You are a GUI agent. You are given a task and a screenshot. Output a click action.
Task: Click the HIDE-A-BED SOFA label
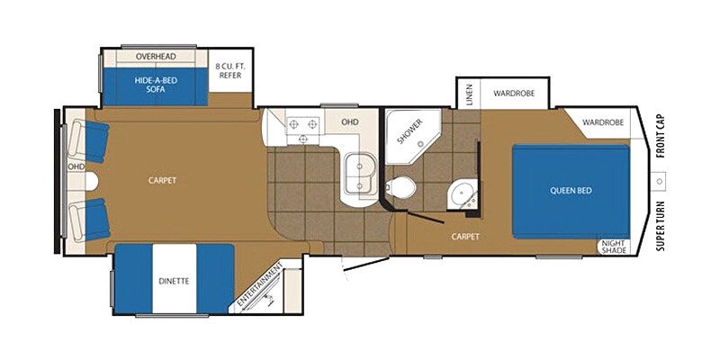pyautogui.click(x=156, y=85)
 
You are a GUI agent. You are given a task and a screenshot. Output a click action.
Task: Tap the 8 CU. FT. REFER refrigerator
pyautogui.click(x=230, y=70)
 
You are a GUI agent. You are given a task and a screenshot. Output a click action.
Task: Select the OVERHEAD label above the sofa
pyautogui.click(x=156, y=56)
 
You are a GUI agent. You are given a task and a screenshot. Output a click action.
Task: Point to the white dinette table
pyautogui.click(x=175, y=278)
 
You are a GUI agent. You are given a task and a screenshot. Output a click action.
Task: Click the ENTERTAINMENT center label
pyautogui.click(x=260, y=287)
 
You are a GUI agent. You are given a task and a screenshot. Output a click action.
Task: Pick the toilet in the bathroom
pyautogui.click(x=400, y=187)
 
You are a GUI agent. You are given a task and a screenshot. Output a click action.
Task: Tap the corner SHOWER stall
pyautogui.click(x=410, y=135)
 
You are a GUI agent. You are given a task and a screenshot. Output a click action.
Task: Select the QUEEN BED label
pyautogui.click(x=571, y=190)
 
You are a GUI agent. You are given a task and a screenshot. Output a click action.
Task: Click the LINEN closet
pyautogui.click(x=469, y=94)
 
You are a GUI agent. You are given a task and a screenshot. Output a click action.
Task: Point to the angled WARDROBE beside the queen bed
pyautogui.click(x=602, y=123)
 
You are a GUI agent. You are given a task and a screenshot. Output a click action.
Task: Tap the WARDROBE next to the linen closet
pyautogui.click(x=514, y=94)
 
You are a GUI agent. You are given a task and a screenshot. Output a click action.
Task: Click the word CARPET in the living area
pyautogui.click(x=163, y=181)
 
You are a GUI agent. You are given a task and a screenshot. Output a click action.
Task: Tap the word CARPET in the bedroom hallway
pyautogui.click(x=465, y=237)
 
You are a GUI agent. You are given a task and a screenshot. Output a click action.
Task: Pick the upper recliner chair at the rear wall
pyautogui.click(x=89, y=141)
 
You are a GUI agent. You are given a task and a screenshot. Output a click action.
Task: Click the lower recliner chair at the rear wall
pyautogui.click(x=89, y=220)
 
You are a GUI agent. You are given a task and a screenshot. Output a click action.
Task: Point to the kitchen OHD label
pyautogui.click(x=349, y=122)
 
